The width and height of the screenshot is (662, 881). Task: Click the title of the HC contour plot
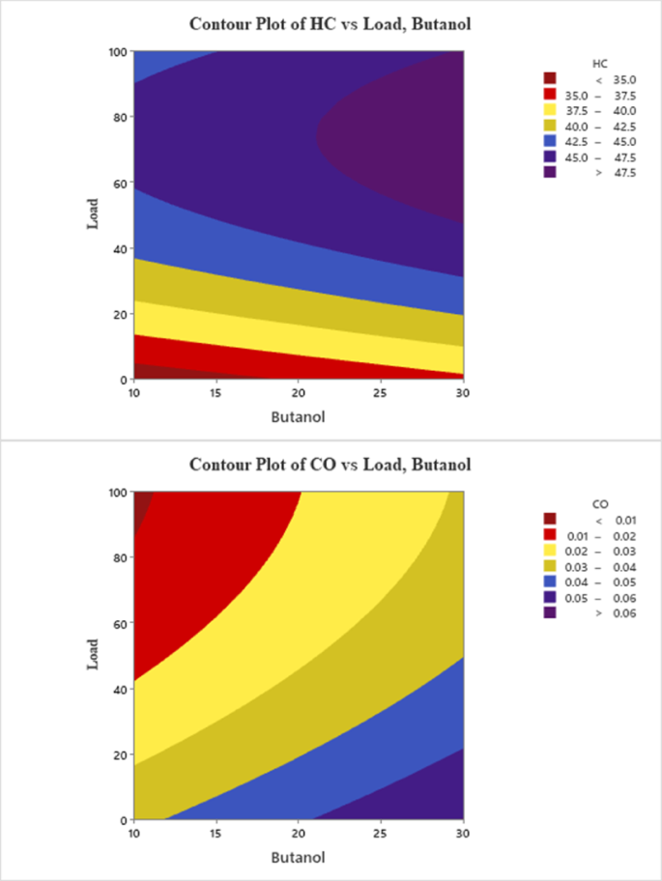click(x=331, y=23)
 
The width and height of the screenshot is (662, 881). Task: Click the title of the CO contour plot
click(x=331, y=465)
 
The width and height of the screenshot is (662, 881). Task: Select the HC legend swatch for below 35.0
click(x=550, y=78)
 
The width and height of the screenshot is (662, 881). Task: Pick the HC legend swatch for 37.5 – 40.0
click(x=550, y=109)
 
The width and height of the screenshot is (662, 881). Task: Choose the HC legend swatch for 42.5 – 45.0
click(x=550, y=141)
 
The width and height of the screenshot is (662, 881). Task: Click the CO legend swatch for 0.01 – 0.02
click(x=550, y=535)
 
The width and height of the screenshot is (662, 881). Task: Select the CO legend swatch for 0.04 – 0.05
click(x=550, y=582)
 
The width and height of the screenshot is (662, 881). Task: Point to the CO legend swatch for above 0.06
click(x=550, y=612)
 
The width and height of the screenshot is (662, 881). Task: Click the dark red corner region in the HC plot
click(x=145, y=372)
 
